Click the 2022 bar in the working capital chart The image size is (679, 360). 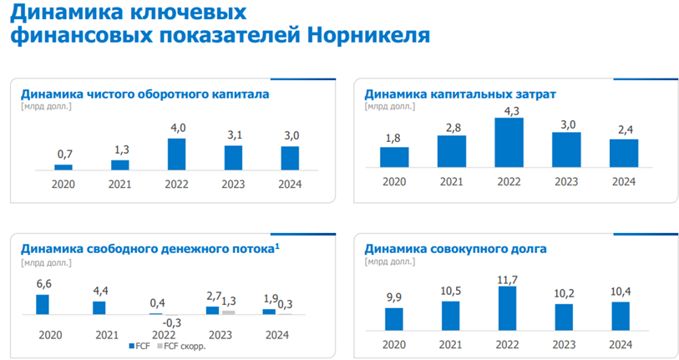click(x=176, y=154)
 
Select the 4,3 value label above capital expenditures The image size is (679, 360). click(x=508, y=110)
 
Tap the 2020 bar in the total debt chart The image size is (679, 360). click(x=394, y=318)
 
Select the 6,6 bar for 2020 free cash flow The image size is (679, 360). click(x=43, y=304)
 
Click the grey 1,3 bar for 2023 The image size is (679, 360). click(x=229, y=312)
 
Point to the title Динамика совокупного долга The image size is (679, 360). click(x=456, y=249)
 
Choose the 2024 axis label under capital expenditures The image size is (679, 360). click(x=622, y=182)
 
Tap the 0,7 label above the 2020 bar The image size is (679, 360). click(x=64, y=155)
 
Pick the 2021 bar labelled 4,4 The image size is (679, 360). click(x=99, y=307)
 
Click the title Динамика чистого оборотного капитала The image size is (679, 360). click(x=144, y=94)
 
